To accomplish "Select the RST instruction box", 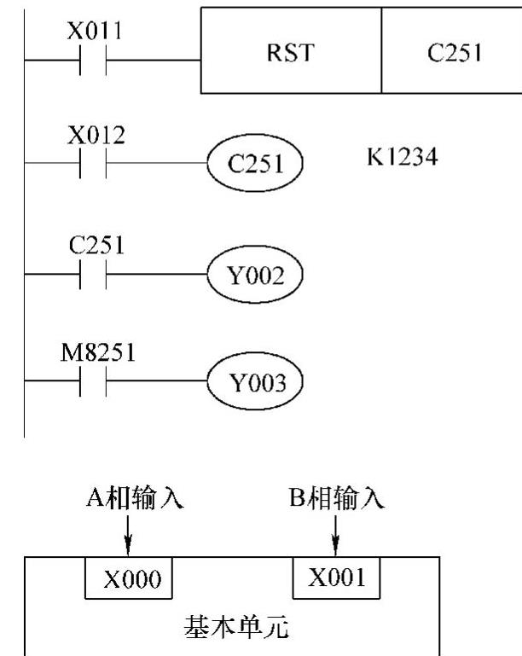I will tap(291, 51).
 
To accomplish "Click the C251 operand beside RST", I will tap(451, 51).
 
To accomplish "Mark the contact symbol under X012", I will tap(93, 162).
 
